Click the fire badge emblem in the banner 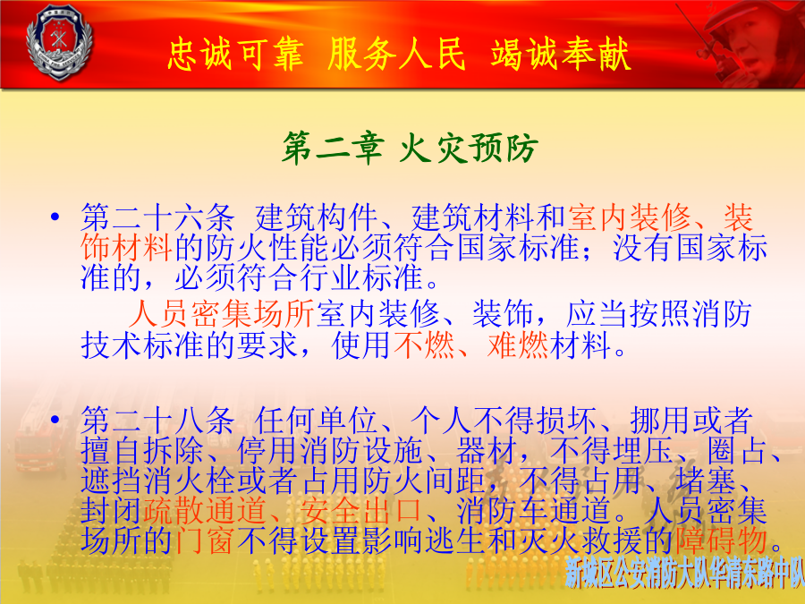click(59, 42)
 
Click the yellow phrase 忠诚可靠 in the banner click(235, 54)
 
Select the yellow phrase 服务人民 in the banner click(396, 54)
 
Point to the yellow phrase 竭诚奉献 click(560, 54)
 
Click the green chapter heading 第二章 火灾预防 click(409, 148)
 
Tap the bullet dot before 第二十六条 click(55, 217)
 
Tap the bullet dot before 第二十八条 click(55, 420)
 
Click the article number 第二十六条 click(157, 217)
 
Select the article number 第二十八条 click(157, 421)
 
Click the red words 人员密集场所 click(221, 314)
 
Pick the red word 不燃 click(425, 345)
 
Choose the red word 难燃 click(518, 345)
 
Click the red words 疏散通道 click(205, 510)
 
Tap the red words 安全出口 click(361, 510)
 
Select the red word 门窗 click(204, 540)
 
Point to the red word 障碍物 click(721, 540)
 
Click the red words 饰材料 click(127, 248)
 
